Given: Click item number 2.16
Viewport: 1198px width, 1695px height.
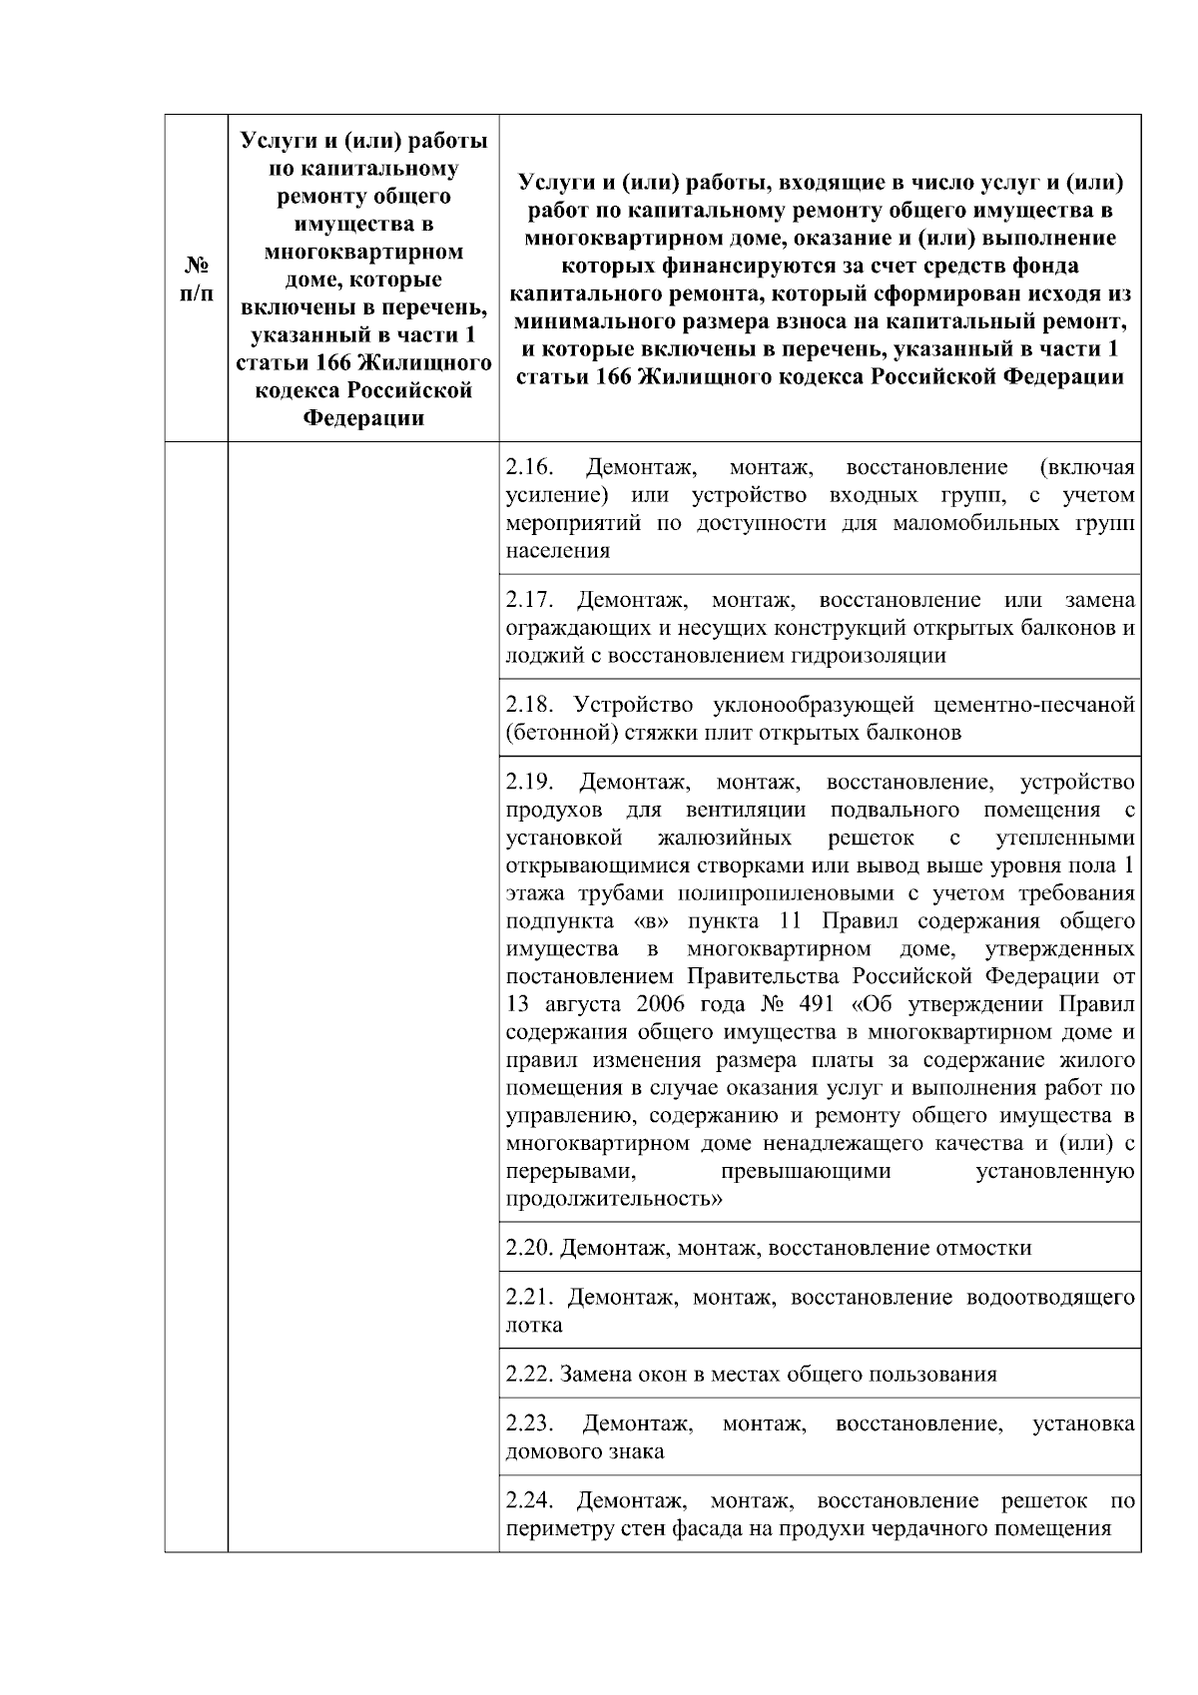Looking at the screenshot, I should [527, 468].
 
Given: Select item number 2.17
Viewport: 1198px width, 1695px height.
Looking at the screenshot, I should [529, 601].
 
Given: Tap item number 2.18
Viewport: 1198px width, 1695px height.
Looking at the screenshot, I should [529, 706].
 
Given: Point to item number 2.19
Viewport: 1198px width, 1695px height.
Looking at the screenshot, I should [529, 781].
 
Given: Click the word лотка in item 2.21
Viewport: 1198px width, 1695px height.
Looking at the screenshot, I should [534, 1326].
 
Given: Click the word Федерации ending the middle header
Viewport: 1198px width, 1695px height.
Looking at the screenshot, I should [364, 418].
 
